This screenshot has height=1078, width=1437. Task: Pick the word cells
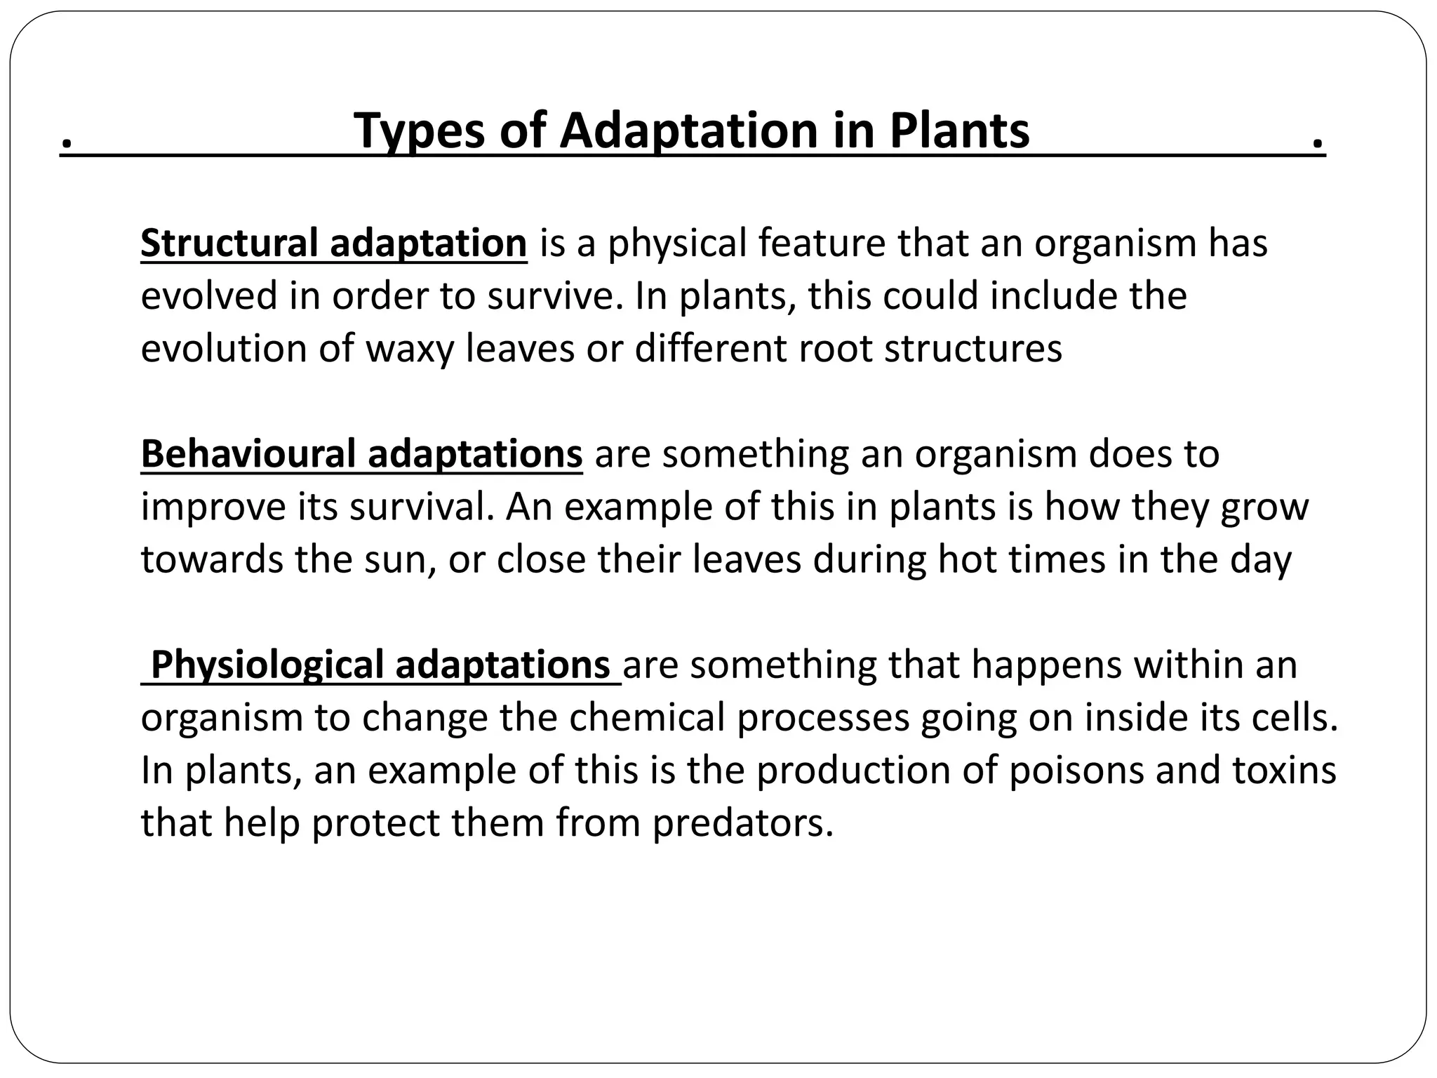click(x=1297, y=717)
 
